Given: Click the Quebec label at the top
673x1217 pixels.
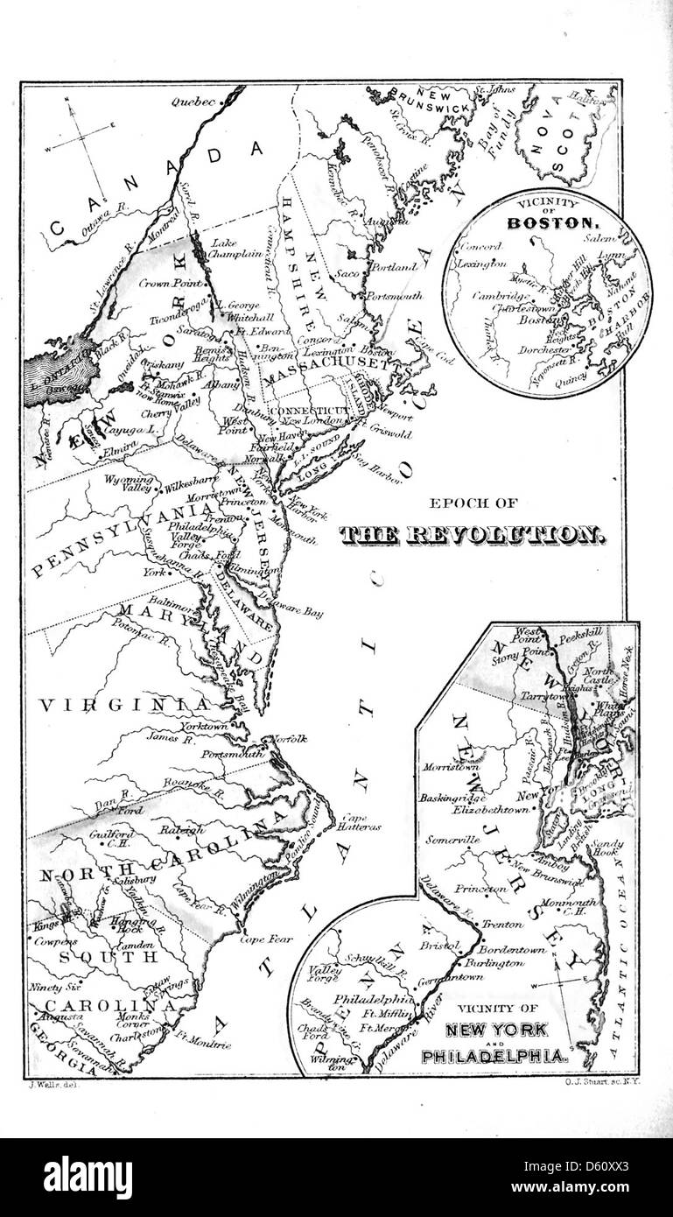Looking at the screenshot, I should click(x=194, y=102).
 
